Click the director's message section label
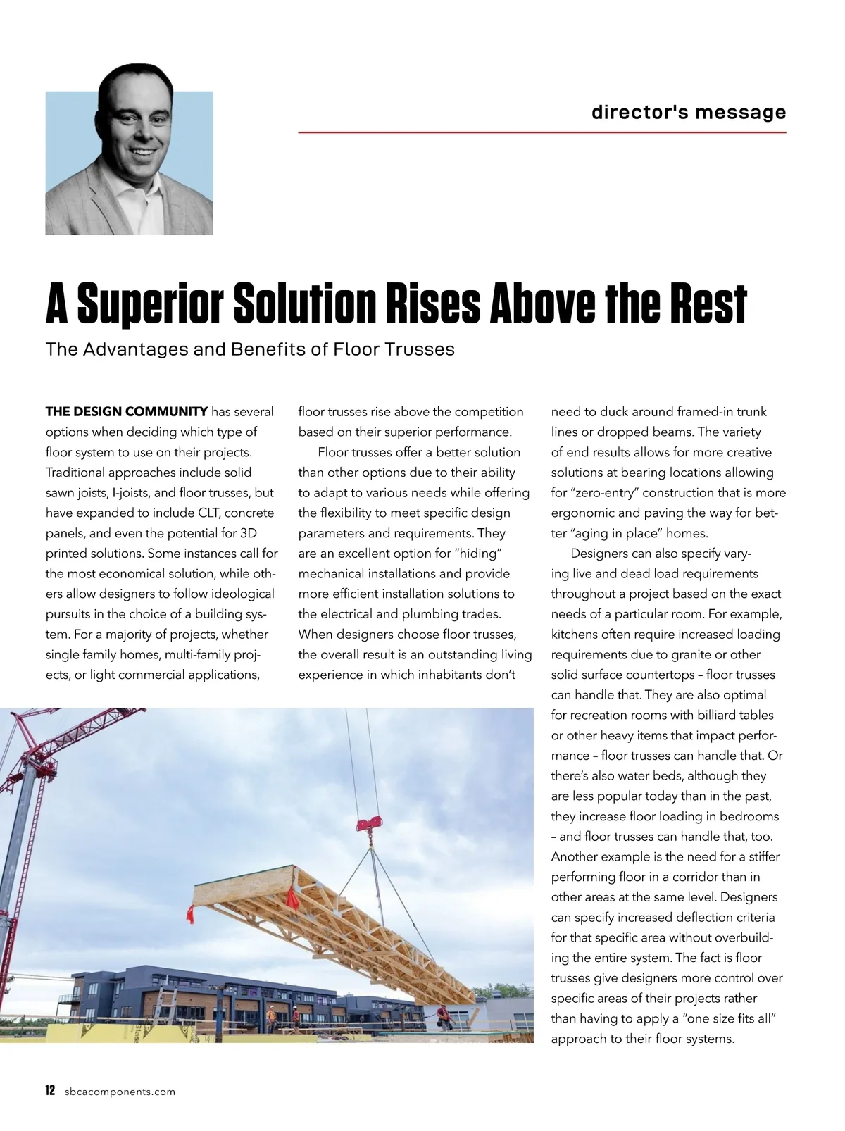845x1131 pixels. (x=688, y=112)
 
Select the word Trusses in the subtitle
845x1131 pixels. (x=420, y=349)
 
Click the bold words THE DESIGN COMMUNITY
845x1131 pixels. (x=127, y=411)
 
